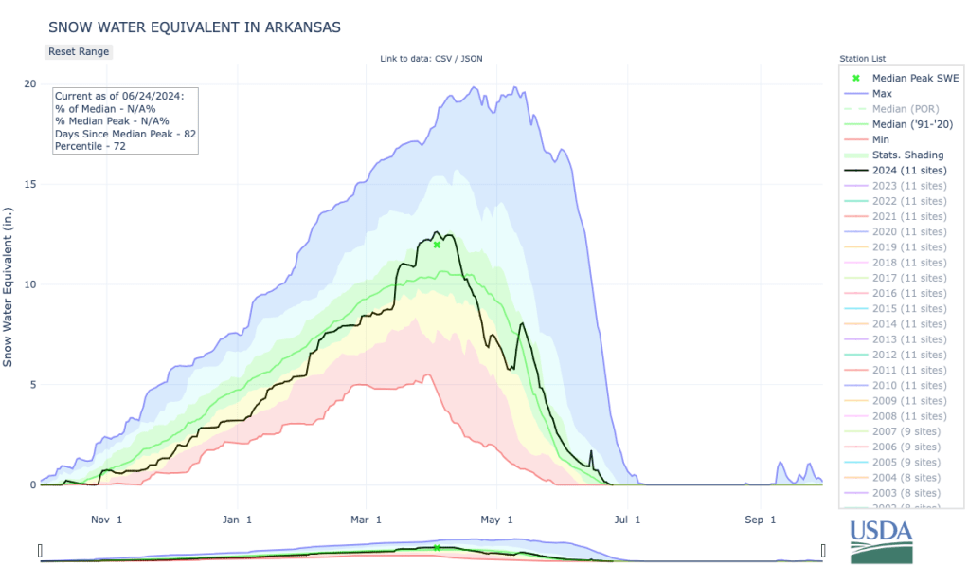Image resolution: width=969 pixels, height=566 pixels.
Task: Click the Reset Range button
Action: (x=79, y=51)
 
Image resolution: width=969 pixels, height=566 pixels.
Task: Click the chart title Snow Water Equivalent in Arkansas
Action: (x=194, y=27)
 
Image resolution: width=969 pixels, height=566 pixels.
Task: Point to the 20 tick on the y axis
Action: (x=30, y=83)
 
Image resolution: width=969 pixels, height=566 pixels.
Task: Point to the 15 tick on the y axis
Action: (x=30, y=184)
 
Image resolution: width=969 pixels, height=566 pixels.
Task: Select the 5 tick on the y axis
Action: (x=31, y=385)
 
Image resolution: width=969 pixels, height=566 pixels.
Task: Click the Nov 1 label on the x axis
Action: (x=105, y=520)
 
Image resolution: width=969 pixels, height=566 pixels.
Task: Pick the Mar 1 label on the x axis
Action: (x=366, y=520)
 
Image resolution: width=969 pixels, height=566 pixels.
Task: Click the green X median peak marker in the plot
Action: (x=437, y=245)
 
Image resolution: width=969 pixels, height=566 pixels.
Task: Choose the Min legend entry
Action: (x=882, y=139)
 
